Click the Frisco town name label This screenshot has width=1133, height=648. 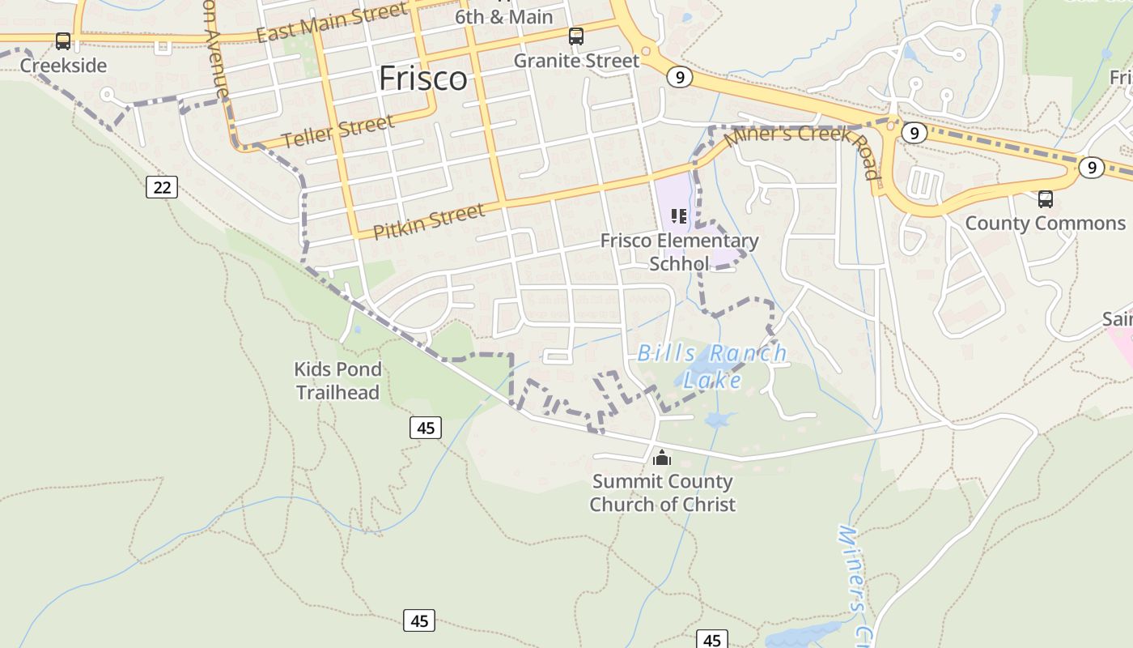pyautogui.click(x=422, y=79)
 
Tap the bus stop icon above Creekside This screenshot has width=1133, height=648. pyautogui.click(x=63, y=41)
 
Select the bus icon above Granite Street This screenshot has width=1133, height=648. pyautogui.click(x=576, y=36)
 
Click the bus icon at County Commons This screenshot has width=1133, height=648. pyautogui.click(x=1046, y=199)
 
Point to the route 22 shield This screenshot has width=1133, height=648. pyautogui.click(x=162, y=188)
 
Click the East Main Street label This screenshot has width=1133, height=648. pyautogui.click(x=332, y=23)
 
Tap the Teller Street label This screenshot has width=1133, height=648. pyautogui.click(x=338, y=131)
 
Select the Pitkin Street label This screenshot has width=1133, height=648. pyautogui.click(x=429, y=221)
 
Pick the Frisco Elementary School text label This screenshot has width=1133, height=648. pyautogui.click(x=679, y=252)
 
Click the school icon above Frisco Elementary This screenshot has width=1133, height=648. pyautogui.click(x=679, y=216)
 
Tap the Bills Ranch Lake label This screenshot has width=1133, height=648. pyautogui.click(x=712, y=365)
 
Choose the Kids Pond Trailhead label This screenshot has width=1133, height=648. pyautogui.click(x=337, y=381)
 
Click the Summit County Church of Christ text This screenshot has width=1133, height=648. pyautogui.click(x=662, y=492)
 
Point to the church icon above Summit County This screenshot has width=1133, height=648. pyautogui.click(x=662, y=458)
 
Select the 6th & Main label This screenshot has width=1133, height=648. pyautogui.click(x=503, y=17)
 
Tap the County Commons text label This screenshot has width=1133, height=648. pyautogui.click(x=1046, y=224)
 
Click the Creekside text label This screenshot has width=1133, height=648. pyautogui.click(x=63, y=66)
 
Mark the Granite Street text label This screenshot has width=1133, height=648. pyautogui.click(x=576, y=61)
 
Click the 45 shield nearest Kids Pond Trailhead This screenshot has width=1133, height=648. pyautogui.click(x=426, y=427)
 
